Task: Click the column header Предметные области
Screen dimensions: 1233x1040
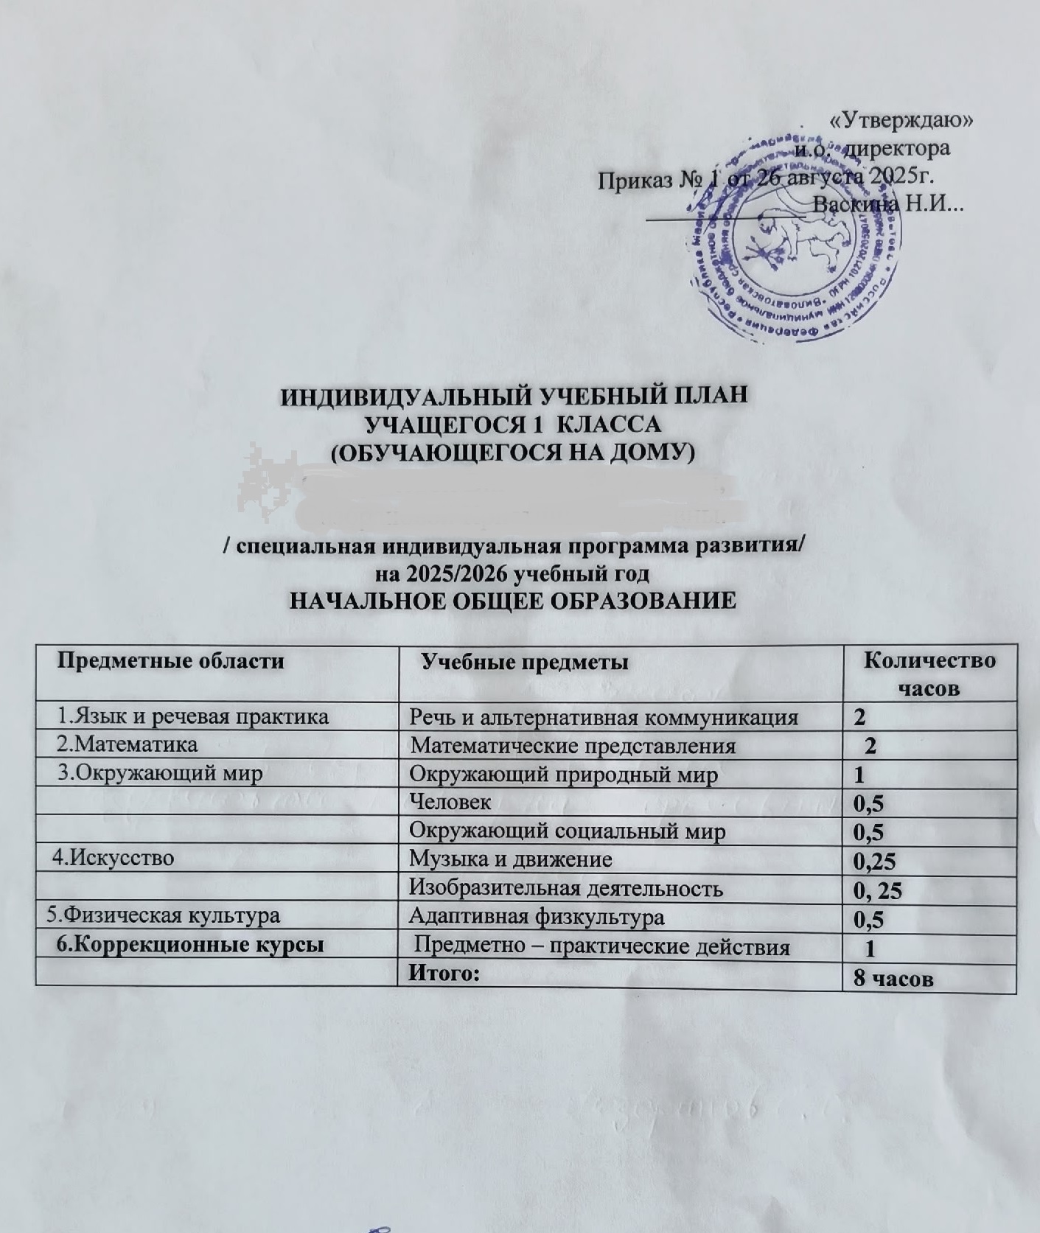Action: pos(171,660)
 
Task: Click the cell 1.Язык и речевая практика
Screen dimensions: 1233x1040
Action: pos(193,716)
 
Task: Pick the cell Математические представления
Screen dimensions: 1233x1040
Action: pos(573,746)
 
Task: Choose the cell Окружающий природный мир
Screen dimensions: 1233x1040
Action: pos(564,774)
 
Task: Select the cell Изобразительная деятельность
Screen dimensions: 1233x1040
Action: pos(566,888)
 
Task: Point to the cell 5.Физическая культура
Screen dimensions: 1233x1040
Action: pos(163,916)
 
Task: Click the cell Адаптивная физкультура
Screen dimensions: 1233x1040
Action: pos(537,917)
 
